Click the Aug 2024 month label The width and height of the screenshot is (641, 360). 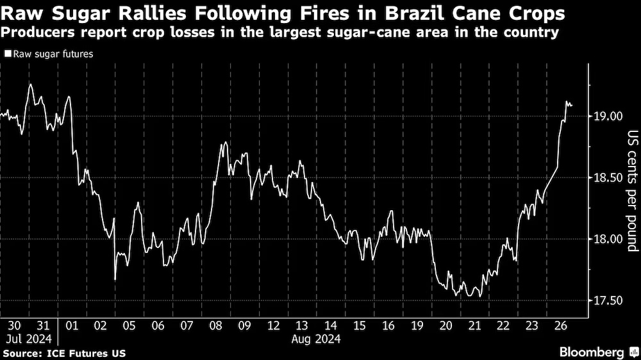[316, 339]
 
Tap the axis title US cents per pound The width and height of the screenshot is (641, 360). [632, 192]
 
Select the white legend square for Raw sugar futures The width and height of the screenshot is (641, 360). [7, 54]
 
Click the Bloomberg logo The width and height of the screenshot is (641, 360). [598, 352]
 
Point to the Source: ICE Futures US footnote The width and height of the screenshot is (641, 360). [64, 353]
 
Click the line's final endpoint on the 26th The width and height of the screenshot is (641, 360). [571, 105]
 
